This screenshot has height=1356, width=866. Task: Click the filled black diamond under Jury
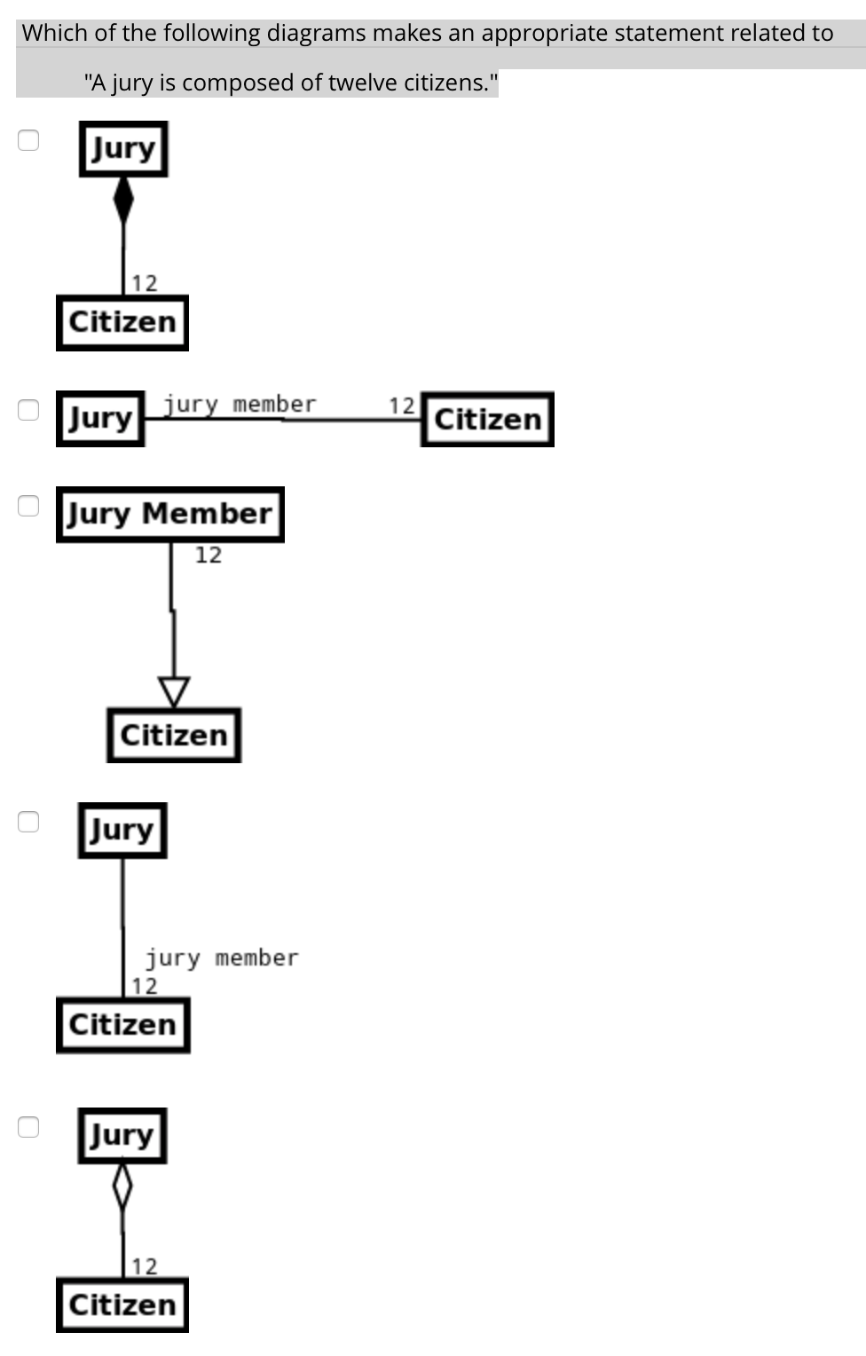[x=123, y=200]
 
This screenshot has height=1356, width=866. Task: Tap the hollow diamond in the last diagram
[x=122, y=1186]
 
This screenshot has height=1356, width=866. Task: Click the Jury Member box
[x=169, y=514]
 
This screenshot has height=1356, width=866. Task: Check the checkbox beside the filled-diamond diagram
[x=29, y=140]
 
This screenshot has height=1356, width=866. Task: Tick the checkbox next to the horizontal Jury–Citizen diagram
[x=29, y=409]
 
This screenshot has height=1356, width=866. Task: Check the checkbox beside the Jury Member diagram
[x=29, y=505]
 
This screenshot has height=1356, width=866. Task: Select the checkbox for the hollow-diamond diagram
[x=29, y=1126]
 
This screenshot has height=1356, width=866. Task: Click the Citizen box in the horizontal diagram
[x=487, y=419]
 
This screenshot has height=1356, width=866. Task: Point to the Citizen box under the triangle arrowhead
[x=174, y=735]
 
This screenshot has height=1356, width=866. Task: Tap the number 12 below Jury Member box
[x=209, y=556]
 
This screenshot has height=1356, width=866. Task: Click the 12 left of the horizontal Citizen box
[x=402, y=406]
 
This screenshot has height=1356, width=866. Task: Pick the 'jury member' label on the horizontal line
[x=240, y=405]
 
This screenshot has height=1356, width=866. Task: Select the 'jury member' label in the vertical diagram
[x=222, y=958]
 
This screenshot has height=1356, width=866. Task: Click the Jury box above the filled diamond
[x=123, y=148]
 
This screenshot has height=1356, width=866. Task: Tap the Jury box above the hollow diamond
[x=122, y=1135]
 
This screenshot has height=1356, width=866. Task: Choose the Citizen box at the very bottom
[x=122, y=1305]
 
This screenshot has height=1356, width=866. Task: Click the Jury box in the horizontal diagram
[x=100, y=418]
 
